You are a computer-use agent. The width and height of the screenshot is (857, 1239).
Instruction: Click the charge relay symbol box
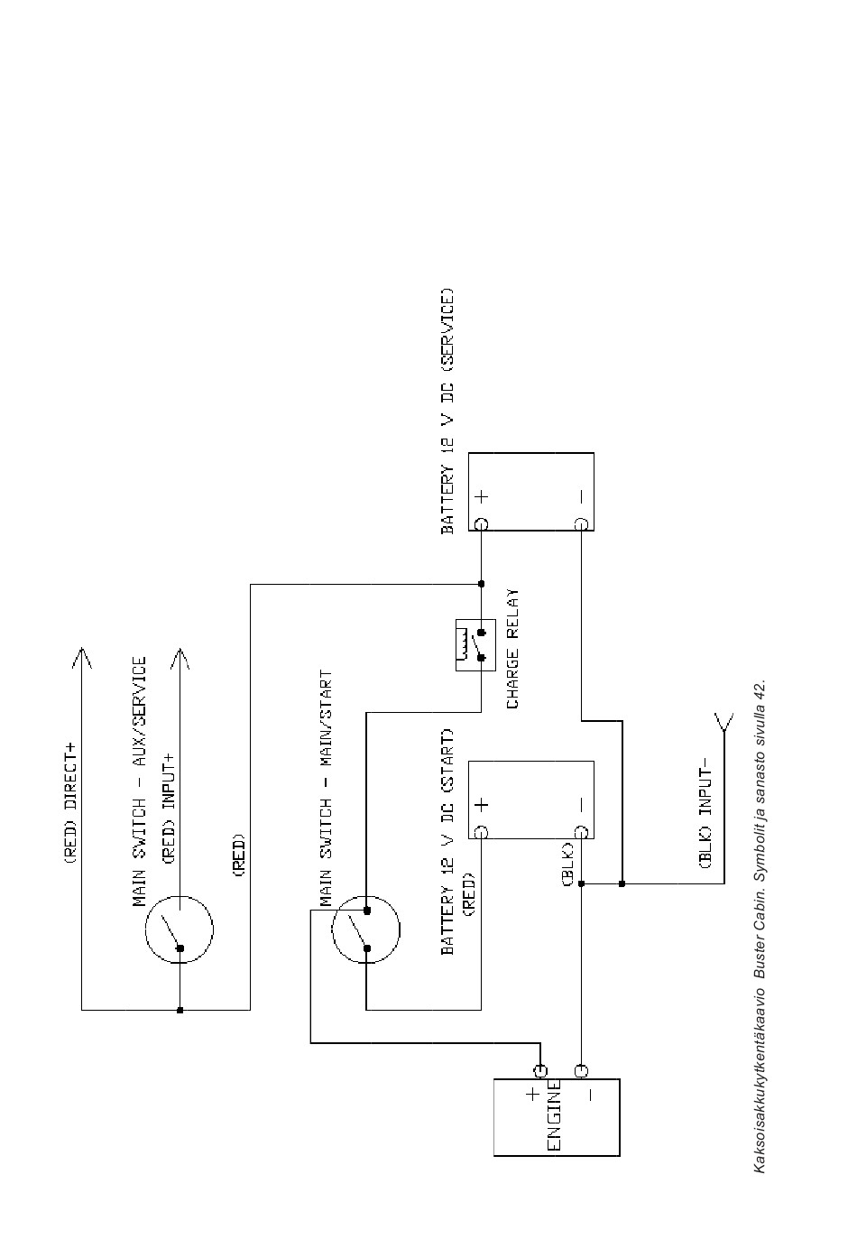pyautogui.click(x=475, y=644)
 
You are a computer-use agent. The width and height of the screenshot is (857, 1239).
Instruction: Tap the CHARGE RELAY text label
pyautogui.click(x=511, y=649)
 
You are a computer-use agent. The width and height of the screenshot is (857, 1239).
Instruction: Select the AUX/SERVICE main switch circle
pyautogui.click(x=180, y=929)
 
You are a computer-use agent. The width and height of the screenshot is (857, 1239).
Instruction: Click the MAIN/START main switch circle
pyautogui.click(x=366, y=929)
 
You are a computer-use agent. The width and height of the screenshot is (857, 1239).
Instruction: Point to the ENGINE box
pyautogui.click(x=557, y=1117)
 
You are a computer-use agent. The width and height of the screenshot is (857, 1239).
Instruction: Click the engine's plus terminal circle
pyautogui.click(x=540, y=1071)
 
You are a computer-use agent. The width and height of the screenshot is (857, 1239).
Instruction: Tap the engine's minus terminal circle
pyautogui.click(x=581, y=1071)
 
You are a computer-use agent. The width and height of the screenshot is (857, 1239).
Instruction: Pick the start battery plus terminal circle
pyautogui.click(x=481, y=832)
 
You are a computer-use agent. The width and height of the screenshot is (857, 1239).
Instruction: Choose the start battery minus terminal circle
pyautogui.click(x=581, y=832)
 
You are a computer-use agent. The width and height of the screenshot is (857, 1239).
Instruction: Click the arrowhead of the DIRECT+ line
pyautogui.click(x=82, y=656)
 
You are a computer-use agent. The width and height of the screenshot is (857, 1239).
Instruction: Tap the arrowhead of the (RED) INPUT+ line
pyautogui.click(x=180, y=656)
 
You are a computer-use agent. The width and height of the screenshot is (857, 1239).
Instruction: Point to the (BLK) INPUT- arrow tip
pyautogui.click(x=723, y=720)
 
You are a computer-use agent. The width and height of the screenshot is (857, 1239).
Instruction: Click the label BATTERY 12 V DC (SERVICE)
pyautogui.click(x=447, y=411)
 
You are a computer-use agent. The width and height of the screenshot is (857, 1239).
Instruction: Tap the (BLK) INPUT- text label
pyautogui.click(x=706, y=818)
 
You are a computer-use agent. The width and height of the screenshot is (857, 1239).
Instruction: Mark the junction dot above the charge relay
pyautogui.click(x=481, y=584)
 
